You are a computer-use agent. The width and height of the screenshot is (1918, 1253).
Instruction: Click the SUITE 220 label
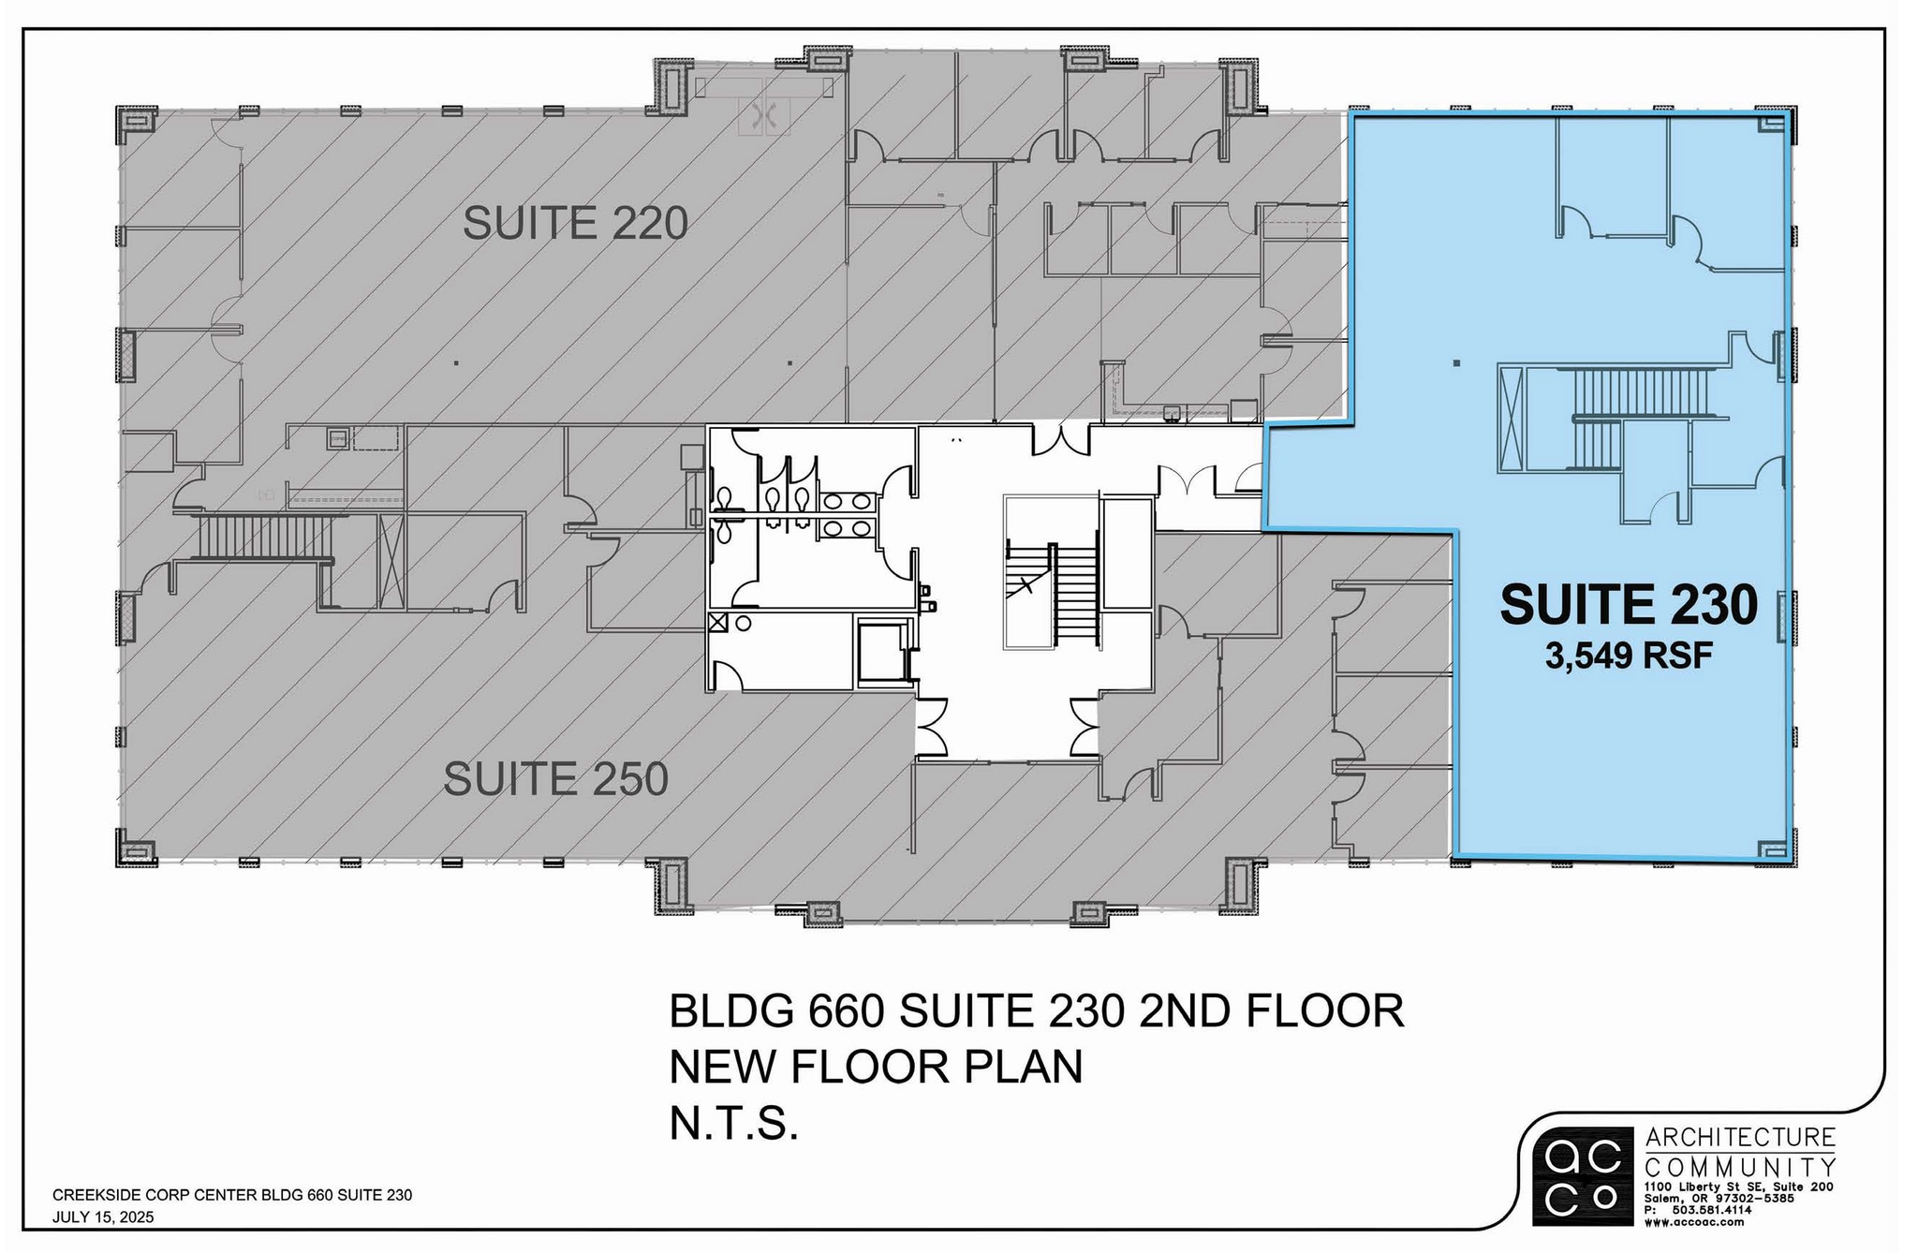tap(575, 223)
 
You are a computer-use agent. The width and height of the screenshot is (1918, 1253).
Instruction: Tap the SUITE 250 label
tap(555, 779)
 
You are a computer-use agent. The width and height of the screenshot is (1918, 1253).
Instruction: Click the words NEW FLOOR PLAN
tap(876, 1067)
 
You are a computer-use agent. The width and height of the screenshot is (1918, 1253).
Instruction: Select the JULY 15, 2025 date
tap(103, 1217)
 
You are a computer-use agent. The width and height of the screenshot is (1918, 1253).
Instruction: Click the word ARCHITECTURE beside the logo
tap(1740, 1138)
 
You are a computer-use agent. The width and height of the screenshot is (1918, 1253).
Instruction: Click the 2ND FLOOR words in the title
tap(1271, 1012)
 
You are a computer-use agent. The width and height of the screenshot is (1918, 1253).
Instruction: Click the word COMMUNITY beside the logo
tap(1740, 1168)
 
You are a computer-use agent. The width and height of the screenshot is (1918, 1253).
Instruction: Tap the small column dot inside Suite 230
tap(1455, 362)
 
